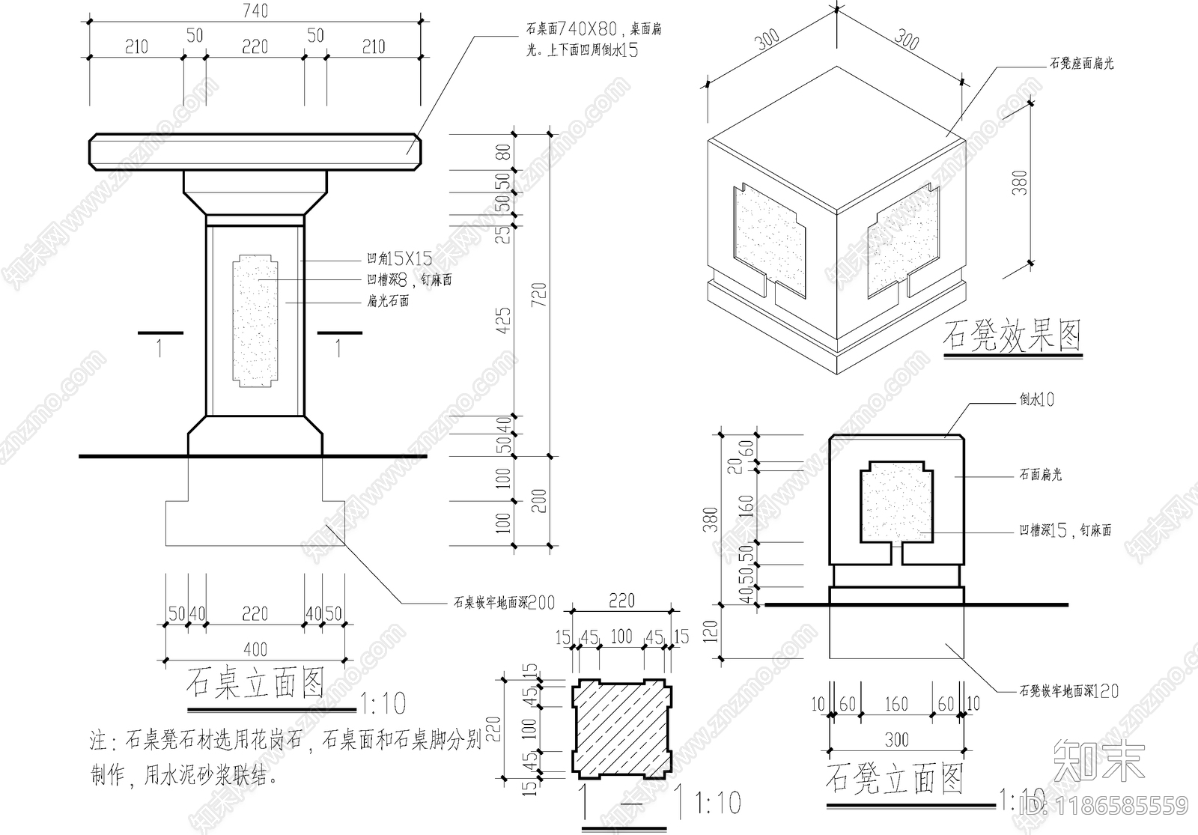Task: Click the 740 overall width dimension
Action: click(x=255, y=10)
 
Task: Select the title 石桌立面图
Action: click(x=255, y=682)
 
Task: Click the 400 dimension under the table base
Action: click(x=255, y=649)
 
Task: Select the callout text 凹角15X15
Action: click(x=399, y=259)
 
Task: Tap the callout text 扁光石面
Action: click(x=388, y=302)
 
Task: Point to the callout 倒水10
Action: click(x=1036, y=400)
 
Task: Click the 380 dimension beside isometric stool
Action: click(x=1020, y=183)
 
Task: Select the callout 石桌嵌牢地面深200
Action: click(x=503, y=602)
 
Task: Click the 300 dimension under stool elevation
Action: click(x=896, y=740)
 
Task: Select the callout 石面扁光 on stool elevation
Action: click(x=1040, y=475)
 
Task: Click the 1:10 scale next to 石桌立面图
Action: click(x=383, y=703)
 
